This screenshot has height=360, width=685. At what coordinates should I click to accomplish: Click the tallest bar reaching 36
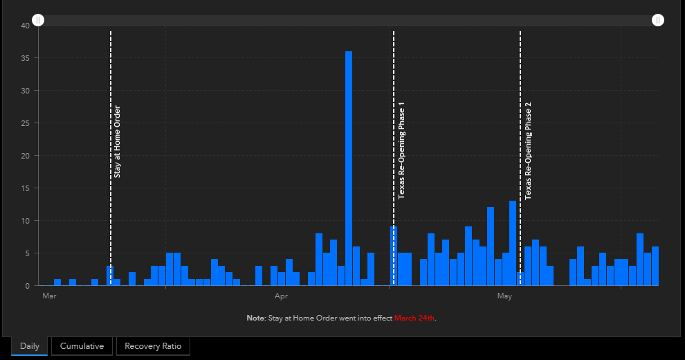(x=349, y=168)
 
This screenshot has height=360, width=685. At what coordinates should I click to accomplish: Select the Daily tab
(x=30, y=346)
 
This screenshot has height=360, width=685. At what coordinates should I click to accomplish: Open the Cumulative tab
(x=82, y=346)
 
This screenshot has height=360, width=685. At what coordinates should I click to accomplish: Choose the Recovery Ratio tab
(x=153, y=346)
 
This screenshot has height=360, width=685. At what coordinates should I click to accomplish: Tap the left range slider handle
(x=38, y=20)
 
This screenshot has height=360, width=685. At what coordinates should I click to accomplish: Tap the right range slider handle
(x=658, y=20)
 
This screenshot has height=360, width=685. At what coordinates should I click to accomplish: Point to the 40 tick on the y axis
(x=26, y=26)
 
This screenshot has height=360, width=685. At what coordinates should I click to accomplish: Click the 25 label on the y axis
(x=26, y=123)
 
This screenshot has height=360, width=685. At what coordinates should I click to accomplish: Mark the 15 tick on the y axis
(x=26, y=188)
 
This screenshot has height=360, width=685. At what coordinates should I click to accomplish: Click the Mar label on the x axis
(x=49, y=296)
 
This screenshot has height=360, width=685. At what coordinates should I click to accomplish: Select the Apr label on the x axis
(x=281, y=296)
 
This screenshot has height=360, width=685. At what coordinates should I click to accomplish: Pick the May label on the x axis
(x=504, y=296)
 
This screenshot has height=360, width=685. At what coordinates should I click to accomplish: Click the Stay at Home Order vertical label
(x=117, y=141)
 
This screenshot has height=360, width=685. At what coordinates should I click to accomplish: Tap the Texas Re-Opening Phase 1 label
(x=401, y=151)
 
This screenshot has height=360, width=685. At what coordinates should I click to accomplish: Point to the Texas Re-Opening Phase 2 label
(x=528, y=151)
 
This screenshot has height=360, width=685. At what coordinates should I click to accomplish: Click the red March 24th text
(x=414, y=318)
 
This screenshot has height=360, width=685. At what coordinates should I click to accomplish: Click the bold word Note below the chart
(x=255, y=318)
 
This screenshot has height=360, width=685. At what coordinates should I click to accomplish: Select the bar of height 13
(x=513, y=244)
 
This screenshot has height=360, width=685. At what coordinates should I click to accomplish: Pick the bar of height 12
(x=491, y=246)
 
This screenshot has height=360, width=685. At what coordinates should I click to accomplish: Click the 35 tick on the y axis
(x=26, y=58)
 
